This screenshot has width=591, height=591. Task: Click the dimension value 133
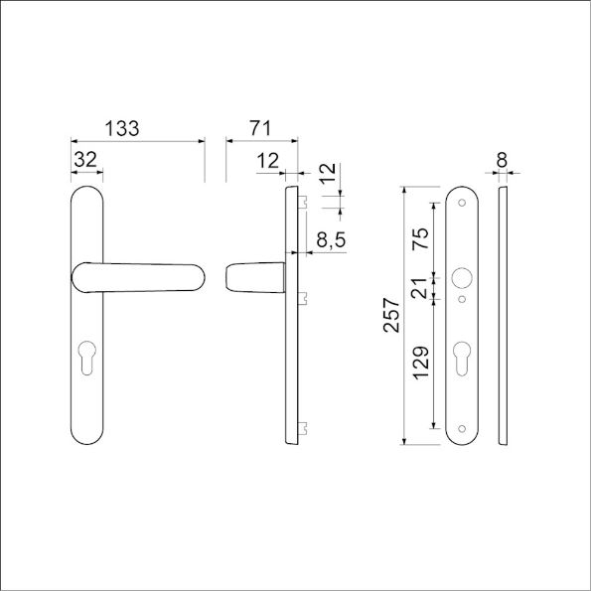121,129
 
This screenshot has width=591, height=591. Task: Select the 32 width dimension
86,159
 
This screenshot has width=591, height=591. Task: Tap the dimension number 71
260,129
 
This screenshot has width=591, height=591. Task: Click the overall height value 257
390,315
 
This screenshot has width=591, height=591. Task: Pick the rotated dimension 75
420,239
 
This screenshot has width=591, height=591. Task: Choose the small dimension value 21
420,289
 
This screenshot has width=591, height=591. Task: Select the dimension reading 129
420,365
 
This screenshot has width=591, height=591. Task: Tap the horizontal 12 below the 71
267,159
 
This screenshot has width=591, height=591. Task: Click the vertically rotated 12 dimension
329,174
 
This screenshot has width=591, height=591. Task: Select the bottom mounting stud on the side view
303,428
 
